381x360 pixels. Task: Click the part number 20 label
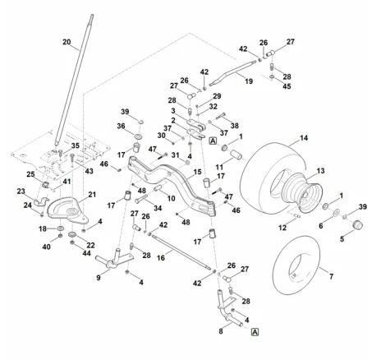[67, 42]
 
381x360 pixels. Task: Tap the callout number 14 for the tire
[304, 138]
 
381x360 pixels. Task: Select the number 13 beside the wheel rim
[320, 171]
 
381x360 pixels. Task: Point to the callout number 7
[331, 276]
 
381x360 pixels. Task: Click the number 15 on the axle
[197, 172]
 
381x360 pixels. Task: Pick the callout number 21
[92, 195]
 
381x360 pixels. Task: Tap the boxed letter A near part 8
[255, 332]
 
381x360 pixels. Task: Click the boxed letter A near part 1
[213, 141]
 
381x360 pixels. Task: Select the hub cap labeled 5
[357, 225]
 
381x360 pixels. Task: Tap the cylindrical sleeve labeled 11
[236, 155]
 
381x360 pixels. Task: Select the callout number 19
[249, 81]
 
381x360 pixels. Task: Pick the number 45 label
[287, 86]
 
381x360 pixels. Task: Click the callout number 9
[99, 278]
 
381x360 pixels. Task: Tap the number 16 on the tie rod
[161, 258]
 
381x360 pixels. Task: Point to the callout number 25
[30, 174]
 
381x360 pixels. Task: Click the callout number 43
[89, 171]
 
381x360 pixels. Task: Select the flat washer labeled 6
[336, 212]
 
